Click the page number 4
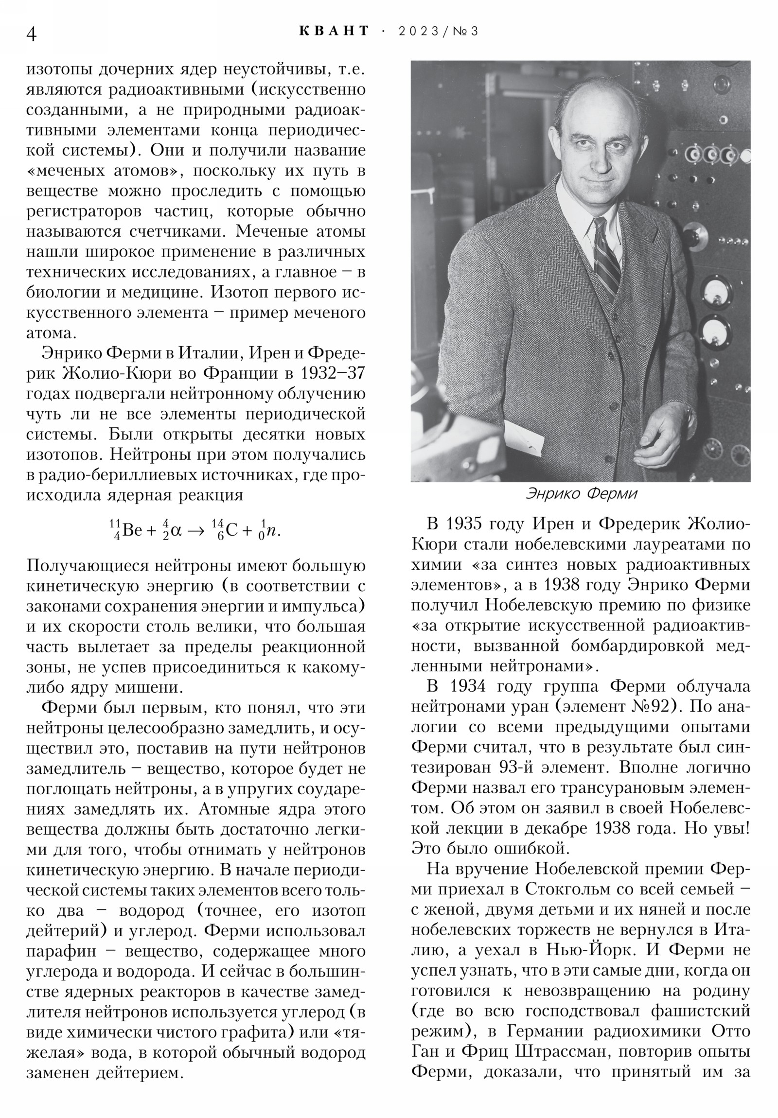[31, 34]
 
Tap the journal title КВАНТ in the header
[334, 31]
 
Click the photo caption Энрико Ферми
[581, 494]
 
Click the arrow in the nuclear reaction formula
[196, 530]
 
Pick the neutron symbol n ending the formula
[274, 530]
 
